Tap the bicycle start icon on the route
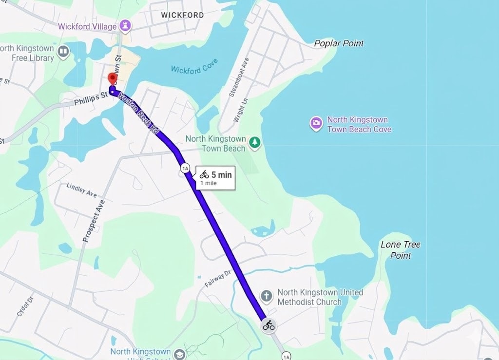click(x=269, y=325)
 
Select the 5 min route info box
click(x=215, y=178)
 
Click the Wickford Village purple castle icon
click(x=125, y=26)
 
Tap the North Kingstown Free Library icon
click(x=63, y=52)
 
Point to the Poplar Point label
click(x=339, y=43)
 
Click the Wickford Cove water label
click(x=194, y=67)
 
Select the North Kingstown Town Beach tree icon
click(x=254, y=142)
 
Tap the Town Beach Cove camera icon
click(x=316, y=123)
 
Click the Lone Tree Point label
click(x=400, y=250)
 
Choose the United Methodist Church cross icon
click(x=266, y=296)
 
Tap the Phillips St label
click(x=91, y=99)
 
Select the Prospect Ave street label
click(x=94, y=221)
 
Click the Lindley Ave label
click(x=82, y=190)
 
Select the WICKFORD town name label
click(x=182, y=15)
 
